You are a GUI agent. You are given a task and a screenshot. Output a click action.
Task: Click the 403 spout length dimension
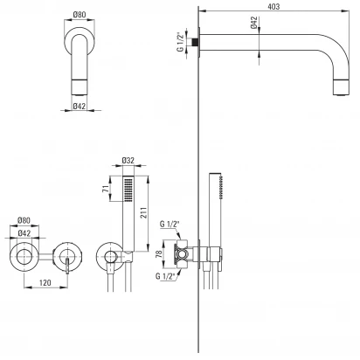point(273,6)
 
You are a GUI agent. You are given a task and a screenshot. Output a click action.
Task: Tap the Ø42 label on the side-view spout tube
point(253,23)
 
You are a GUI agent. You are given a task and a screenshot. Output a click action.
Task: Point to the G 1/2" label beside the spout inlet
point(181,41)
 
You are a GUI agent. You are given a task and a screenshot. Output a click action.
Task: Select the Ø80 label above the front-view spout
point(80,14)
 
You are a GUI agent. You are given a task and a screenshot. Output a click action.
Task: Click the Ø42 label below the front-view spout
point(80,106)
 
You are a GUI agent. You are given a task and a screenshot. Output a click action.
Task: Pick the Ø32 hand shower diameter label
point(128,160)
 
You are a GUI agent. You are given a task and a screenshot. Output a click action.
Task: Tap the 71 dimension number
point(107,188)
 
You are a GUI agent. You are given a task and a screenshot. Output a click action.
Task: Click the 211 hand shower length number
point(143,213)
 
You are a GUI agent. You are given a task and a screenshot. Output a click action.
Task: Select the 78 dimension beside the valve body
point(159,254)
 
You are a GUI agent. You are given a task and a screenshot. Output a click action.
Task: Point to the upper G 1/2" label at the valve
point(170,224)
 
